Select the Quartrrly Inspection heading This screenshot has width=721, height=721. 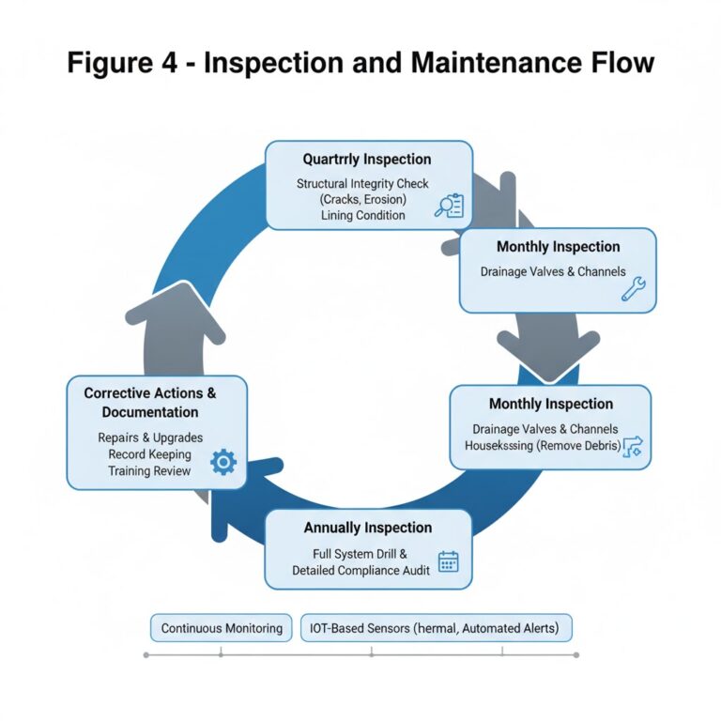[367, 160]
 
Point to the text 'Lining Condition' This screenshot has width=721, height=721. [362, 215]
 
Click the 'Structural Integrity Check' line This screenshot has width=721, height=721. [362, 183]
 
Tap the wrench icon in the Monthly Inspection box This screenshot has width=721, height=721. [633, 289]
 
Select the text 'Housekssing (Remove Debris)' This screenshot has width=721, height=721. [543, 446]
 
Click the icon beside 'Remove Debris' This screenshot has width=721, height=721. [636, 446]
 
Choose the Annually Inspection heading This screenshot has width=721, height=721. [368, 528]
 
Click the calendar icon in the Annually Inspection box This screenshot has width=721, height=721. [448, 561]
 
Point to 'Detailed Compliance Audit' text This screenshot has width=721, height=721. [361, 570]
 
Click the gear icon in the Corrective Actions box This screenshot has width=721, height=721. [223, 462]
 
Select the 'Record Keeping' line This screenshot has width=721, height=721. [150, 454]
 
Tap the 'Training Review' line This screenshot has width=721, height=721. [150, 470]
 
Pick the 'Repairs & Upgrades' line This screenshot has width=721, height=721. [150, 437]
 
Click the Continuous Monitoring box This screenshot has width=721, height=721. [222, 628]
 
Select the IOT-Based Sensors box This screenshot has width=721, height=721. [436, 628]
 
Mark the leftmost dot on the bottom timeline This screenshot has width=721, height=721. [146, 655]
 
